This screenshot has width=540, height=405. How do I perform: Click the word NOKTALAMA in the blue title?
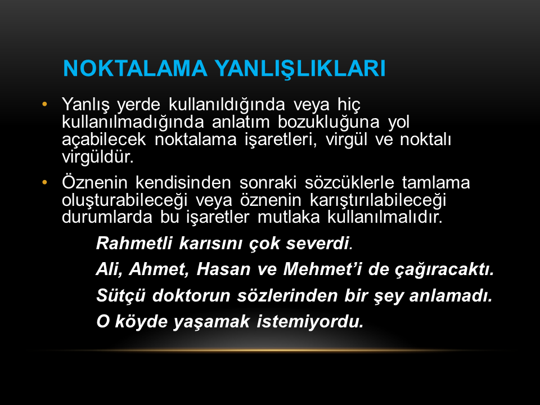point(136,68)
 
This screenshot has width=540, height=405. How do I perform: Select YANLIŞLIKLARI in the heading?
point(300,69)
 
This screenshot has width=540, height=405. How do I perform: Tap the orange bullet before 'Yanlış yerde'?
point(44,104)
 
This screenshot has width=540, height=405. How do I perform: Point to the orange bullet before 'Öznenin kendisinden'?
point(44,182)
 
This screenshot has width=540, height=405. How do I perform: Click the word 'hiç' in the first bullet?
point(349,105)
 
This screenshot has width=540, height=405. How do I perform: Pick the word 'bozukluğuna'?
point(328,121)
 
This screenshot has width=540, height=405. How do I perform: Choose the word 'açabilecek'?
point(103,139)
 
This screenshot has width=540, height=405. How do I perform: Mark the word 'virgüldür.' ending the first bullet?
point(97,157)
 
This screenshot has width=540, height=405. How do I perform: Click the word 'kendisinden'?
point(183,182)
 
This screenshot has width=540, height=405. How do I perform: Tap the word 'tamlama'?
point(435,182)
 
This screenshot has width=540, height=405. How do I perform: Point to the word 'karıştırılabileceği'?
point(378,200)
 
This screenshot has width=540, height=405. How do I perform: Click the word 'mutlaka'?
point(289,217)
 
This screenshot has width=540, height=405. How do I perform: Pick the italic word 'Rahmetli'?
point(134,243)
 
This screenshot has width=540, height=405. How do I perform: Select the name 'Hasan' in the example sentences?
point(223,269)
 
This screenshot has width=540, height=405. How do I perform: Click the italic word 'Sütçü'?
point(120,295)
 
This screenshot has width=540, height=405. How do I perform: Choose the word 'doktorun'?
point(191,295)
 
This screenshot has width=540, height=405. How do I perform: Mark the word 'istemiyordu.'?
point(310,321)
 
